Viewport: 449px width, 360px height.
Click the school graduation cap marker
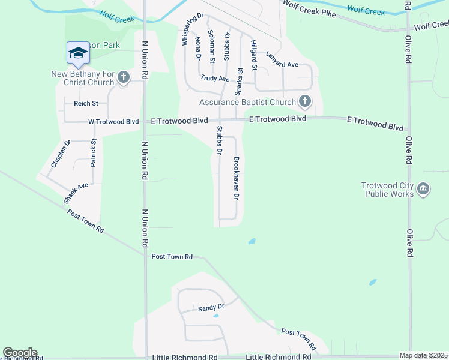(x=77, y=54)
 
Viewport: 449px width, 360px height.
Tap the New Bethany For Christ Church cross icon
(x=124, y=77)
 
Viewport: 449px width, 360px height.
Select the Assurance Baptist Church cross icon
(x=305, y=101)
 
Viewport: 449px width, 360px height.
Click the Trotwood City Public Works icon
(x=423, y=190)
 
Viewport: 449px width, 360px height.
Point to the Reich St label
(x=86, y=103)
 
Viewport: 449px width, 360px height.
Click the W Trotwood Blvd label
(x=113, y=121)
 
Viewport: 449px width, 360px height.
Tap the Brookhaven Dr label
(x=237, y=178)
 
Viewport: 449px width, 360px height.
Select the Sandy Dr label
(x=211, y=308)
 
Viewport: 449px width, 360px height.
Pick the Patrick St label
(x=94, y=152)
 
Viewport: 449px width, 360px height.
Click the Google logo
(x=19, y=353)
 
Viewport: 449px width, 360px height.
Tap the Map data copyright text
(x=423, y=356)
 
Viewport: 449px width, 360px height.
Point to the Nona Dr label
(x=198, y=49)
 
